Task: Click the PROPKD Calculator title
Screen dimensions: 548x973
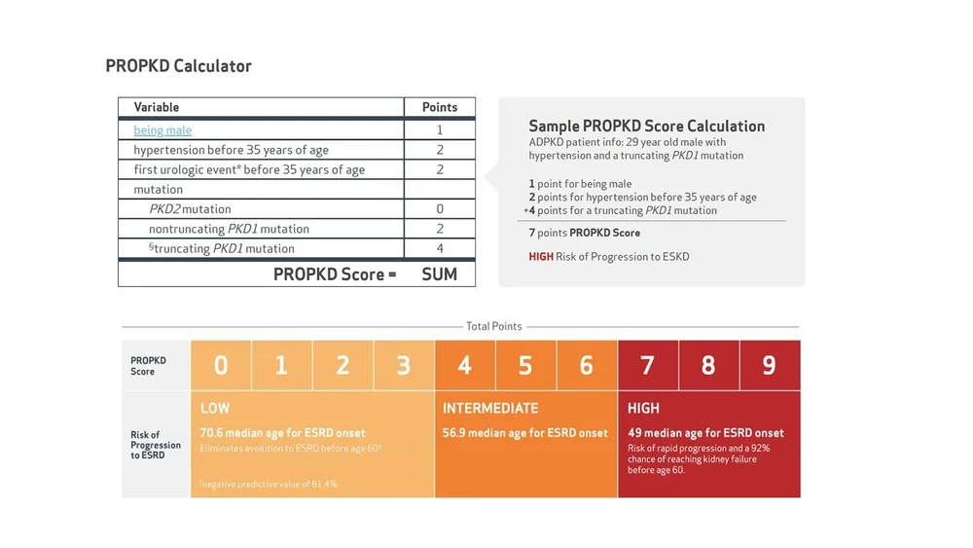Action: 178,66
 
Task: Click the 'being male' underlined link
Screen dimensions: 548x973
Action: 162,130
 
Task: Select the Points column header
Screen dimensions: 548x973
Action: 440,107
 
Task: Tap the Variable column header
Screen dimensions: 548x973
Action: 157,107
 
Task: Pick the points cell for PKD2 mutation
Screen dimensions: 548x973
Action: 440,209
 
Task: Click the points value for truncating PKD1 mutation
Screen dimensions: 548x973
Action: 440,249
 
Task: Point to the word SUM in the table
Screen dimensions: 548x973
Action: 440,274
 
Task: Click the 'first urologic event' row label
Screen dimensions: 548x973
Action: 249,169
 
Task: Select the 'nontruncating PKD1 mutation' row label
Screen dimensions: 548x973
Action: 229,229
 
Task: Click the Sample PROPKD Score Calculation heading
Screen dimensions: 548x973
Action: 646,127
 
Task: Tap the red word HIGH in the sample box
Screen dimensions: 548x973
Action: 541,256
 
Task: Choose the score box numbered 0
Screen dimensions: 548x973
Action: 221,365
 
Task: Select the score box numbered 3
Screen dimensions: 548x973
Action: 404,365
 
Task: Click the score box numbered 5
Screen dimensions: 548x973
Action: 525,365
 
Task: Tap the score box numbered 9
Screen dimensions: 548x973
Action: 770,365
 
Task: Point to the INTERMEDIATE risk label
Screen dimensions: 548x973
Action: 490,408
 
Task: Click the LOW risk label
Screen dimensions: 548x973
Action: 215,408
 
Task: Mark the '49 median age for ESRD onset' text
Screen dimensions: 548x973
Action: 705,433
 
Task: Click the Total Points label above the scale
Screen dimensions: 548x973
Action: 494,327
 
